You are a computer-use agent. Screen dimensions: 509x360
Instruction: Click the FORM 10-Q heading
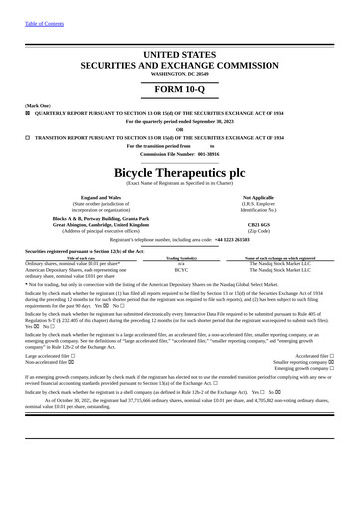click(x=180, y=92)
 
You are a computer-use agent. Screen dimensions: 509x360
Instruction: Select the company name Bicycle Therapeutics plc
click(x=180, y=171)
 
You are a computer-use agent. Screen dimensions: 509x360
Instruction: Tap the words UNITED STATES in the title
click(x=180, y=52)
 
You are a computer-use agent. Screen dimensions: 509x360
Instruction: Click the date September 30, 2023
click(x=217, y=121)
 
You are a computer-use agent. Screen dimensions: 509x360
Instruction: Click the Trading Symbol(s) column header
click(x=181, y=257)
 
